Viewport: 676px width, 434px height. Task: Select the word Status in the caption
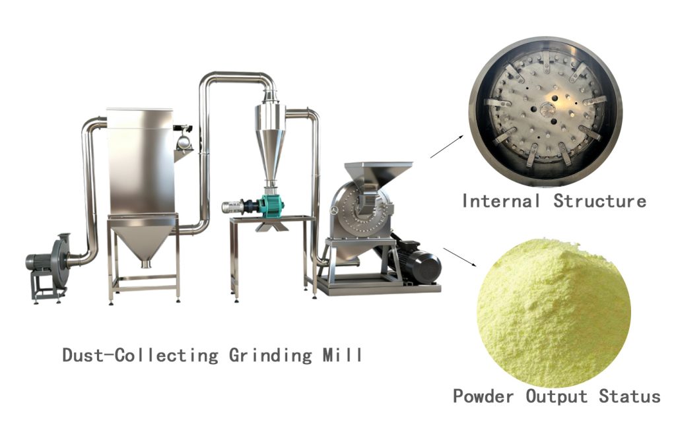[629, 396]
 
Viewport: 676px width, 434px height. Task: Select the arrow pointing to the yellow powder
[460, 257]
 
